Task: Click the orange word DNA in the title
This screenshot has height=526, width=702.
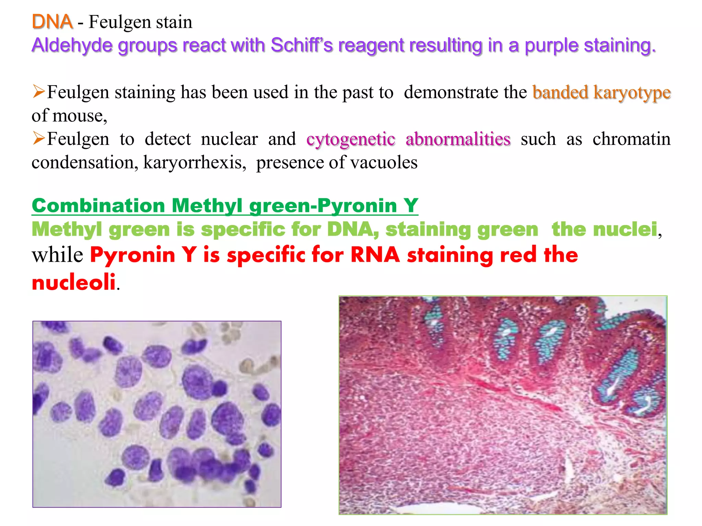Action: click(x=52, y=22)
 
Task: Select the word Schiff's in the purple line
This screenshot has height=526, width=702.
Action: click(x=302, y=45)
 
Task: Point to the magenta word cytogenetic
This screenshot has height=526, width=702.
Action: click(x=351, y=139)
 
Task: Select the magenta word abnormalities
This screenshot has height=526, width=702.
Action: click(x=458, y=139)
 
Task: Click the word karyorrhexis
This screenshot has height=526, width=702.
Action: click(x=194, y=162)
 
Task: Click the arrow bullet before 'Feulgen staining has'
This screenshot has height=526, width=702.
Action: click(x=39, y=91)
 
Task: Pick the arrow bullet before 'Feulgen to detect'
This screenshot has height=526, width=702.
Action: click(x=39, y=138)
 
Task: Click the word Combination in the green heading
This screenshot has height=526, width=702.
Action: click(x=99, y=205)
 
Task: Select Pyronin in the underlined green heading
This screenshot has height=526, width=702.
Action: click(x=357, y=205)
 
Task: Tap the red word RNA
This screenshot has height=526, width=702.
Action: click(x=375, y=255)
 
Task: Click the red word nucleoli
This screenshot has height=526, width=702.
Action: click(x=74, y=282)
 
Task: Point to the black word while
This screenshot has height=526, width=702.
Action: click(x=57, y=255)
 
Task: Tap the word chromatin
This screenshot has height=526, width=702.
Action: click(x=631, y=139)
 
